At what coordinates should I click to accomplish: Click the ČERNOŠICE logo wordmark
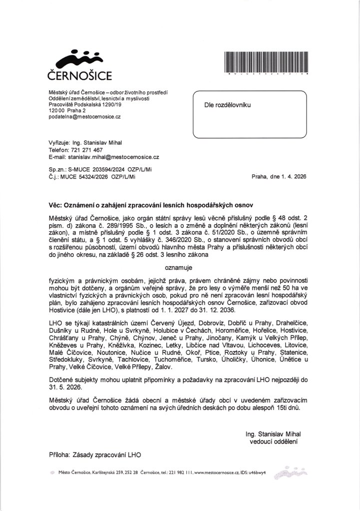(x=79, y=76)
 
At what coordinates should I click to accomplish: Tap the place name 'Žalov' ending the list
(x=162, y=367)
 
